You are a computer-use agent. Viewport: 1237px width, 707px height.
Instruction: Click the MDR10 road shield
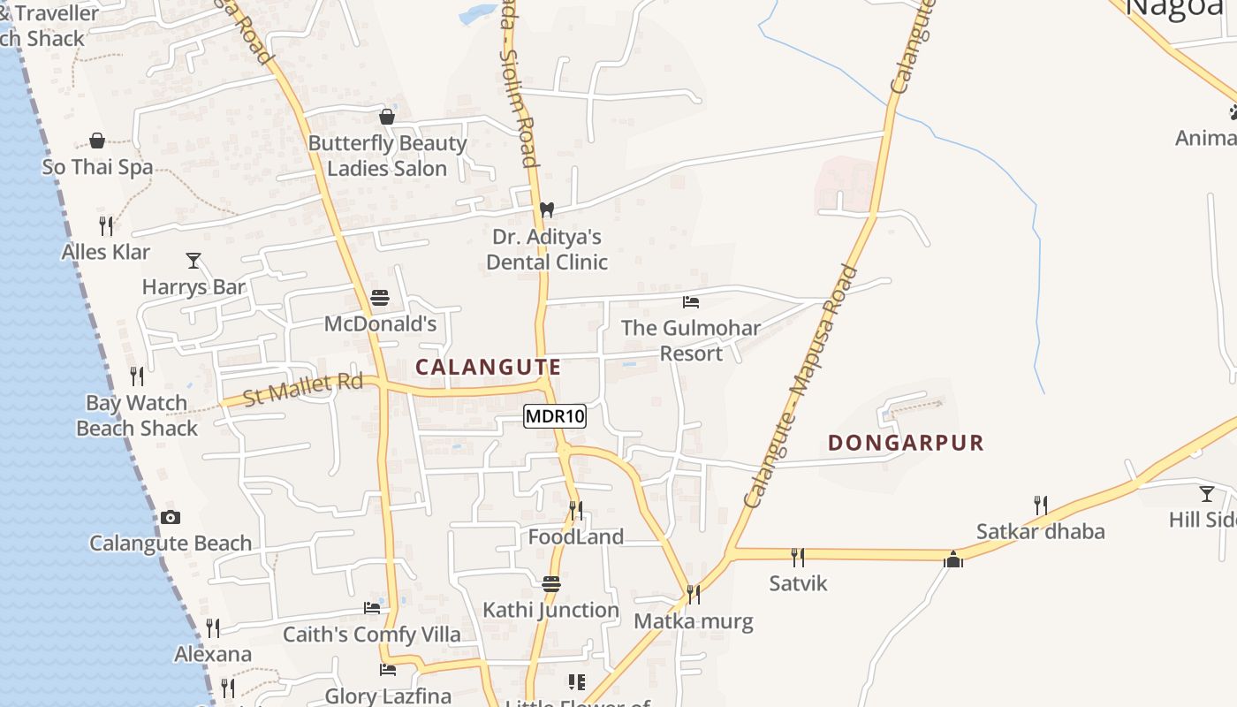click(x=555, y=416)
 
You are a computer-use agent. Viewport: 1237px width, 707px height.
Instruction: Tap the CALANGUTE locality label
click(x=488, y=367)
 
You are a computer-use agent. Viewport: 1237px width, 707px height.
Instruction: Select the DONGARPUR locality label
click(x=906, y=443)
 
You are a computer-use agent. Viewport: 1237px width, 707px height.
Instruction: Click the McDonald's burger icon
click(x=380, y=298)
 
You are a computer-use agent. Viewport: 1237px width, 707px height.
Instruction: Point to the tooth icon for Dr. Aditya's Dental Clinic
click(x=547, y=210)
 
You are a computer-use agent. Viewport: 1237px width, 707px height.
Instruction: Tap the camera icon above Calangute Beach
click(x=171, y=518)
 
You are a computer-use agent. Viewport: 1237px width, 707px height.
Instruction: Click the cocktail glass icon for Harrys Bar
click(x=194, y=261)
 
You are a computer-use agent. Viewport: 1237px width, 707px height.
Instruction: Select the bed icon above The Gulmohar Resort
click(x=691, y=302)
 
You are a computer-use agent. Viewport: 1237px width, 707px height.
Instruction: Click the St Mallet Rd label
click(x=303, y=389)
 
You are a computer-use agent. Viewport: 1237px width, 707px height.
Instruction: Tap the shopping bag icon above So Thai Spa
click(x=97, y=141)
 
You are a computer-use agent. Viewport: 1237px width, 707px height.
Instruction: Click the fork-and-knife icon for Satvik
click(x=797, y=557)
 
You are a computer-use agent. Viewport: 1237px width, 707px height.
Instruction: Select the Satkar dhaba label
click(x=1040, y=532)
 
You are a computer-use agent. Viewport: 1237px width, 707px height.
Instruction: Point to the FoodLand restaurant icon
click(x=576, y=511)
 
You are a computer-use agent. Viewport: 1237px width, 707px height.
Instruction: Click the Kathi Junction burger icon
click(x=551, y=584)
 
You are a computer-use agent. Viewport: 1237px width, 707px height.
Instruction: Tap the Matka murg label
click(x=694, y=621)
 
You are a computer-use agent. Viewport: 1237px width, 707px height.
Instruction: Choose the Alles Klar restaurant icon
click(x=106, y=226)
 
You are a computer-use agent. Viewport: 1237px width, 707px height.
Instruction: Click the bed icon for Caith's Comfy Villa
click(x=372, y=608)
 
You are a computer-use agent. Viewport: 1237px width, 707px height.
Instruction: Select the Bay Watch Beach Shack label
click(x=137, y=415)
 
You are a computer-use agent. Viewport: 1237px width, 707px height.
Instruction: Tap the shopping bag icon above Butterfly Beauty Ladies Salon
click(x=387, y=117)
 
